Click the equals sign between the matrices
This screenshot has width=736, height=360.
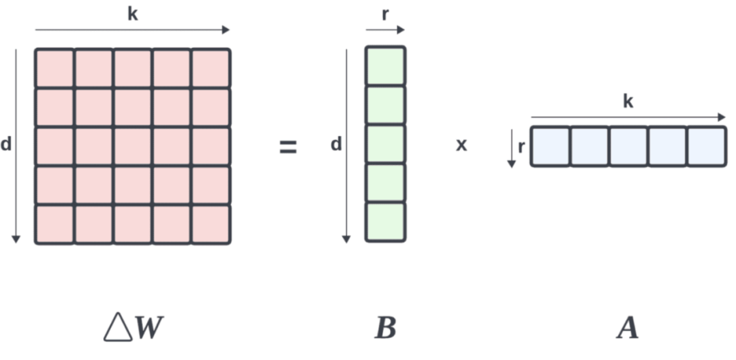tap(288, 147)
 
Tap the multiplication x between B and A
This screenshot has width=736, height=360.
tap(461, 145)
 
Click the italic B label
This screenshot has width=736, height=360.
tap(385, 329)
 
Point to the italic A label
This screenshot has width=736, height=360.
tap(627, 329)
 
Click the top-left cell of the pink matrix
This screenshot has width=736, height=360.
tap(55, 68)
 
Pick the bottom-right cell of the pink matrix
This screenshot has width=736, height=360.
tap(211, 224)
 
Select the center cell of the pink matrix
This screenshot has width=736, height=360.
tap(133, 146)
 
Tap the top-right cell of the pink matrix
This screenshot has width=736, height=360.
tap(211, 68)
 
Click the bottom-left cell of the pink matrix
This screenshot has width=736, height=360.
tap(55, 224)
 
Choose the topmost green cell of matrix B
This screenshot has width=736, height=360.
tap(385, 66)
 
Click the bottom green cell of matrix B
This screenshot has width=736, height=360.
tap(385, 222)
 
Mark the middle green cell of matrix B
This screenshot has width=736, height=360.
tap(385, 144)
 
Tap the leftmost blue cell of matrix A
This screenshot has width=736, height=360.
tap(550, 147)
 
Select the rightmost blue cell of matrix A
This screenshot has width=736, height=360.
tap(707, 147)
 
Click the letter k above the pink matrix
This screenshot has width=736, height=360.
tap(132, 14)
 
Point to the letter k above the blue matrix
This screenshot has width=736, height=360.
tap(628, 102)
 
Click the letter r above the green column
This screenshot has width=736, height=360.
tap(385, 14)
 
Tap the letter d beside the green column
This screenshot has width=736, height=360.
tap(335, 145)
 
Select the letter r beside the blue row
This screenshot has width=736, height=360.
tap(521, 146)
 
